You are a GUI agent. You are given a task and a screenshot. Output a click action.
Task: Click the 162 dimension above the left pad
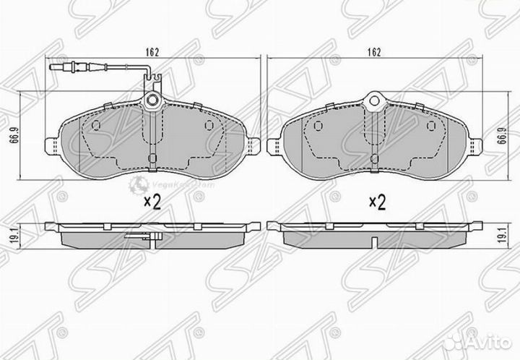[151, 52]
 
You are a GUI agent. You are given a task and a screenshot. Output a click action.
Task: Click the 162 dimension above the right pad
[373, 52]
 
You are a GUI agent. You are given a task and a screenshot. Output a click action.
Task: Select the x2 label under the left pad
[151, 202]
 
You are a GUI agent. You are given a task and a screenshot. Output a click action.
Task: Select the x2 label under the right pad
[377, 202]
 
